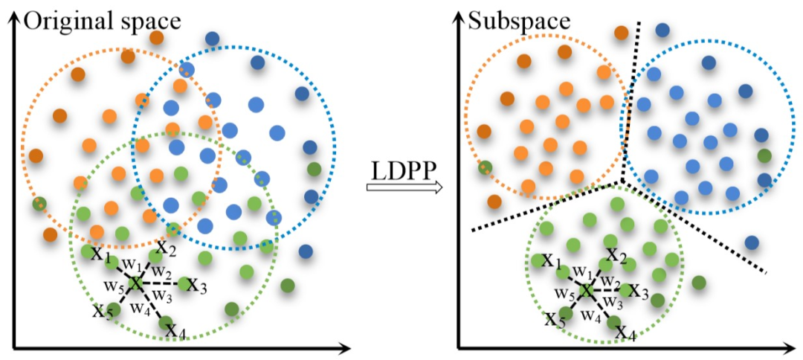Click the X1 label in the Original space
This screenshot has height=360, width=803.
point(99,254)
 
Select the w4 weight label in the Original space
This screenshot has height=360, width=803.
point(139,306)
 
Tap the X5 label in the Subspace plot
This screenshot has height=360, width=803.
point(554,321)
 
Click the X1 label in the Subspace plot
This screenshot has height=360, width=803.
point(551,261)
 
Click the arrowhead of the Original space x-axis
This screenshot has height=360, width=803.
point(344,347)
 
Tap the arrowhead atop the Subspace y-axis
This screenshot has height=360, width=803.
point(459,18)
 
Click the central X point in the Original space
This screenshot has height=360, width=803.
point(135,283)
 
